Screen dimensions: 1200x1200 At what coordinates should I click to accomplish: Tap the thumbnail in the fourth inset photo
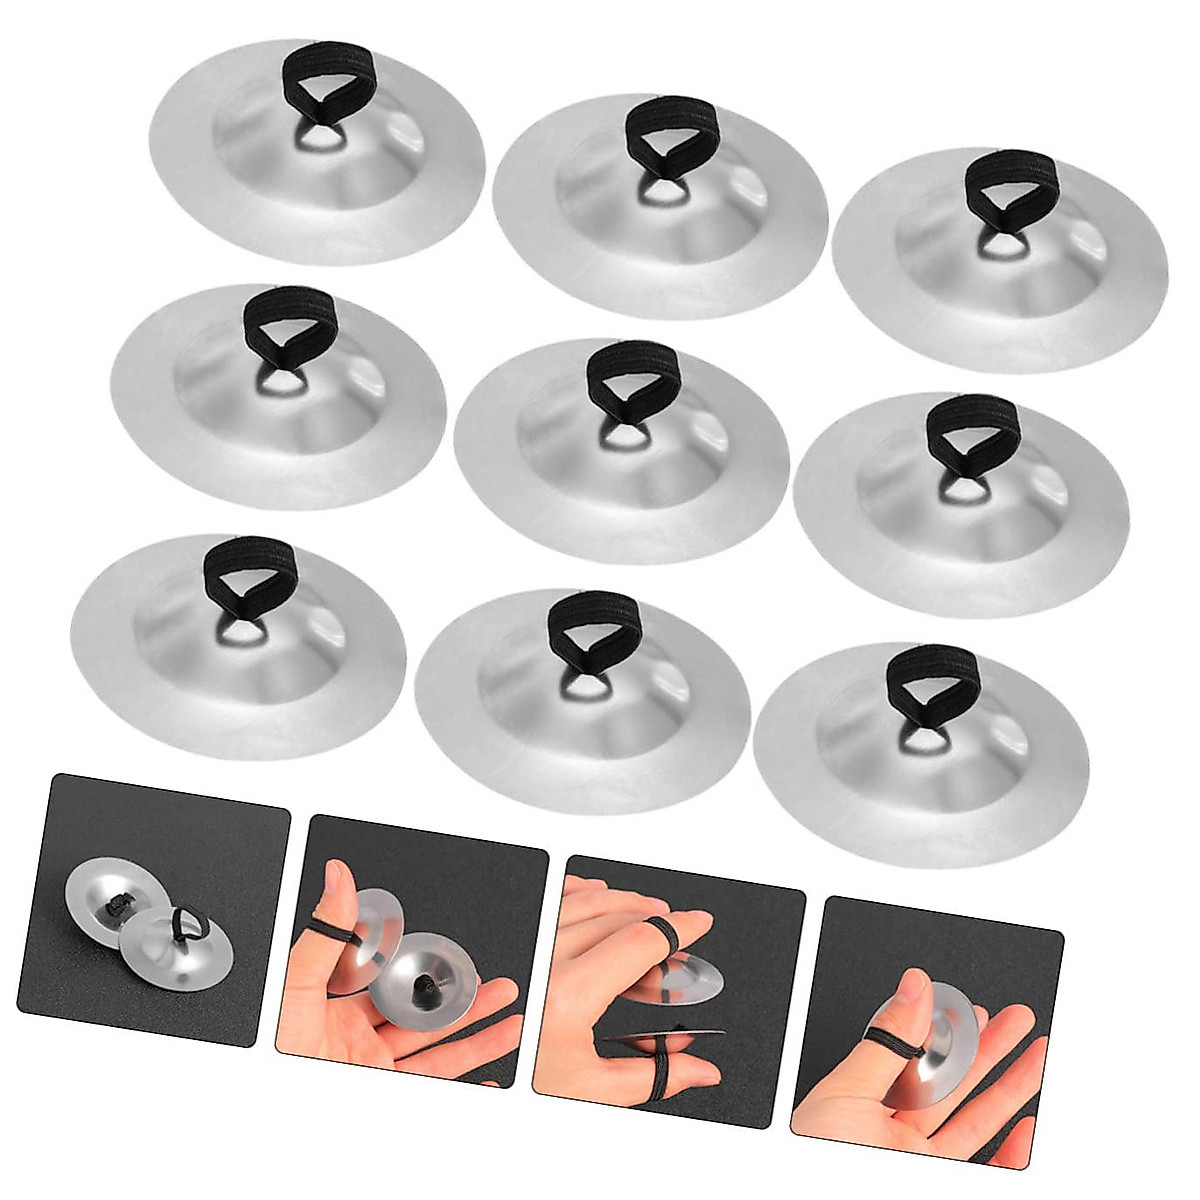910,985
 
